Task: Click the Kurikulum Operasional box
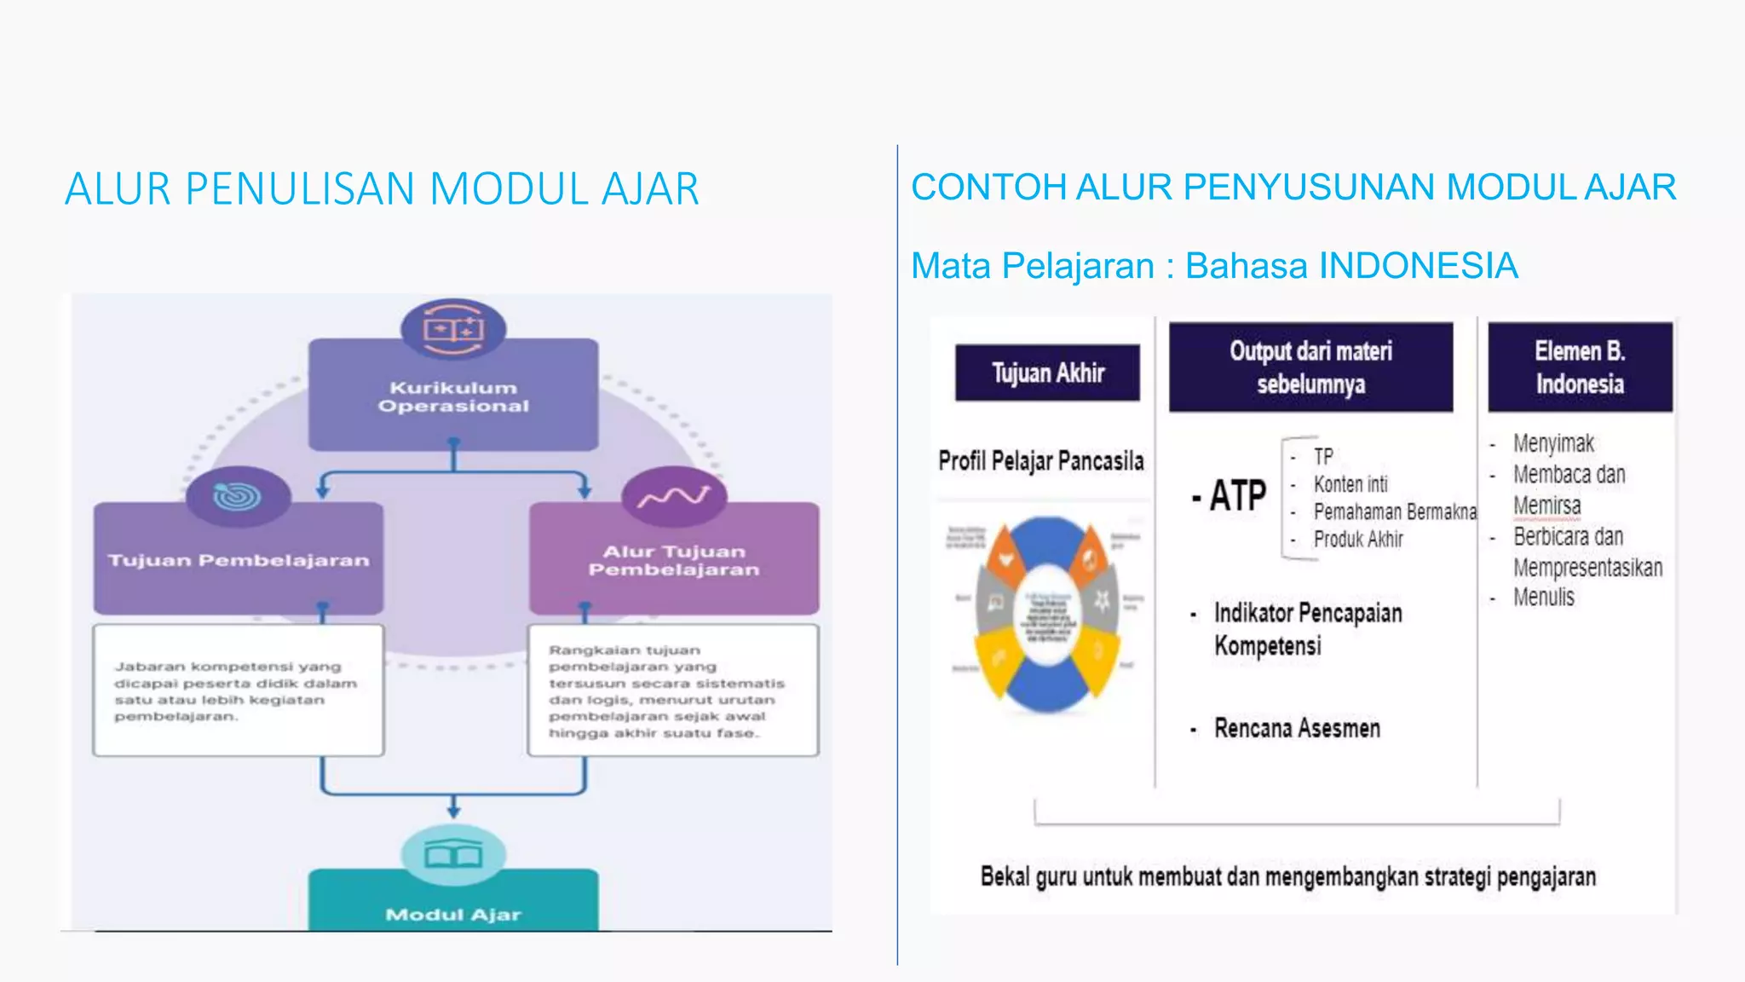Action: tap(453, 396)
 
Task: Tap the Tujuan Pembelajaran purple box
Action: tap(239, 560)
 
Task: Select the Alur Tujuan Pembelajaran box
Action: tap(674, 560)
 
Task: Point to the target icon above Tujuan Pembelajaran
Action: tap(238, 496)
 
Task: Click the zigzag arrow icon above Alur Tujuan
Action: tap(674, 496)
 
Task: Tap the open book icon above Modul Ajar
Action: tap(453, 854)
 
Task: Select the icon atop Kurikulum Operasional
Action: tap(453, 329)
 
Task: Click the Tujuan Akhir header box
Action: tap(1047, 373)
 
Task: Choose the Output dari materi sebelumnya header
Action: tap(1310, 367)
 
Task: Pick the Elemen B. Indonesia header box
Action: tap(1580, 367)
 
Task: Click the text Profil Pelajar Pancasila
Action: tap(1040, 461)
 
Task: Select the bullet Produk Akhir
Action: tap(1357, 540)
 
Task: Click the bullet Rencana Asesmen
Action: tap(1296, 729)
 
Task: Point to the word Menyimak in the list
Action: tap(1552, 443)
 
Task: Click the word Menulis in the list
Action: tap(1543, 598)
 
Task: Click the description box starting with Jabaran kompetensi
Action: tap(239, 690)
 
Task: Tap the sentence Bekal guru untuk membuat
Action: tap(1287, 877)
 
